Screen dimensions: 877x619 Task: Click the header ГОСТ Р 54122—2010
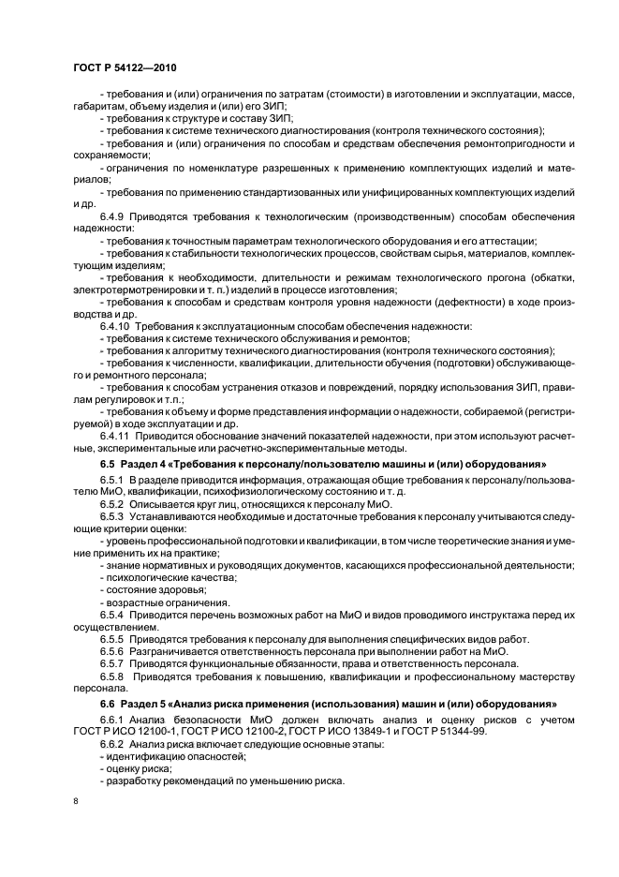(124, 70)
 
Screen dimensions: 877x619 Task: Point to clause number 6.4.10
(116, 326)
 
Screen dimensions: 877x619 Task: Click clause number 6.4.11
(116, 436)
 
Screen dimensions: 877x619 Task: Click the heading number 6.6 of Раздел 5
(108, 703)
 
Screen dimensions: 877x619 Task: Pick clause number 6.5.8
(113, 676)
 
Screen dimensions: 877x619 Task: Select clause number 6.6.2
(113, 743)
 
